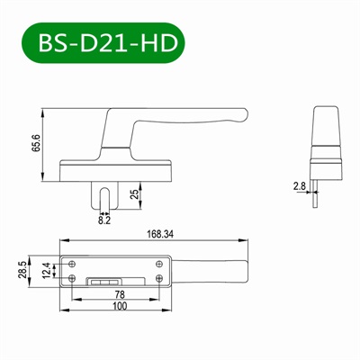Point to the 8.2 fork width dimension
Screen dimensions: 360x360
pyautogui.click(x=105, y=217)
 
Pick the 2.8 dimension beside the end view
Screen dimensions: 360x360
pyautogui.click(x=298, y=186)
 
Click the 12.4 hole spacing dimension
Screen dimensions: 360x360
pyautogui.click(x=46, y=271)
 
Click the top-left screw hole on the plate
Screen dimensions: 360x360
pyautogui.click(x=72, y=263)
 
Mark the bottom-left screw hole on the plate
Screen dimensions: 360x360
pyautogui.click(x=72, y=279)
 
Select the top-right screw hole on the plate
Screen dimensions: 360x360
pyautogui.click(x=158, y=263)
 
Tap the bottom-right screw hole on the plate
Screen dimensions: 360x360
pyautogui.click(x=158, y=279)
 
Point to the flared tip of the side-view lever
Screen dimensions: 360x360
pyautogui.click(x=238, y=114)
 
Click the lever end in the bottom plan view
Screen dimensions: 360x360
pyautogui.click(x=238, y=270)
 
